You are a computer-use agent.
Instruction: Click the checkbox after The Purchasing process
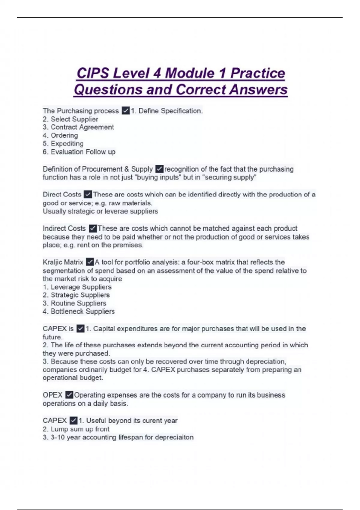pyautogui.click(x=126, y=111)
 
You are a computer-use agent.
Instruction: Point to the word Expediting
pyautogui.click(x=67, y=143)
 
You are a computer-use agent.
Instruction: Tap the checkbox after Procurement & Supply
pyautogui.click(x=159, y=169)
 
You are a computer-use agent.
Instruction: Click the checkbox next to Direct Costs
pyautogui.click(x=88, y=194)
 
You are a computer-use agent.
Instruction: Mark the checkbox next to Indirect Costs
pyautogui.click(x=92, y=229)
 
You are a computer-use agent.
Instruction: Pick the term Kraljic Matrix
pyautogui.click(x=63, y=262)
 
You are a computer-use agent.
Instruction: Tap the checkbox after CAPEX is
pyautogui.click(x=80, y=328)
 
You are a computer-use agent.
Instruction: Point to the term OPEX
pyautogui.click(x=52, y=395)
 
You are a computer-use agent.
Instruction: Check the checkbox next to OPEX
pyautogui.click(x=69, y=395)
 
